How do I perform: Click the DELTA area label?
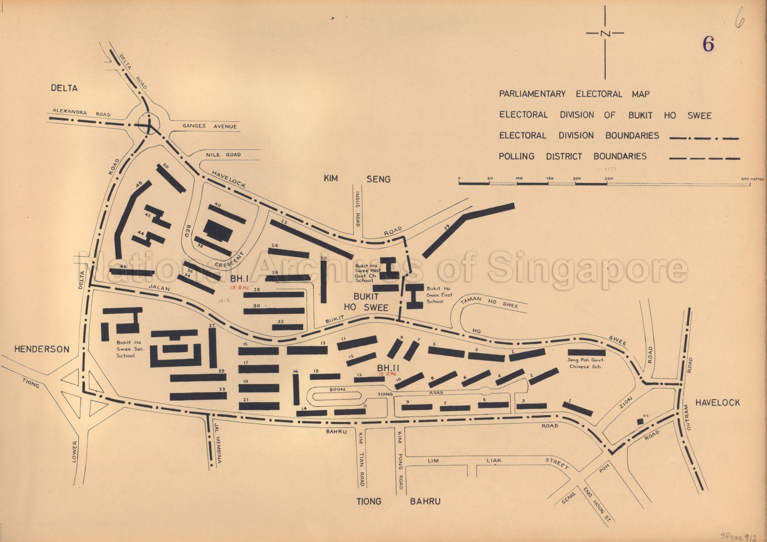coord(64,88)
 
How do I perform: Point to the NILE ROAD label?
coord(223,155)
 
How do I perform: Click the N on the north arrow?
coord(606,33)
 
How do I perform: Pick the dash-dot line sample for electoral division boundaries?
coord(704,137)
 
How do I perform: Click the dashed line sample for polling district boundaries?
coord(704,158)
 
